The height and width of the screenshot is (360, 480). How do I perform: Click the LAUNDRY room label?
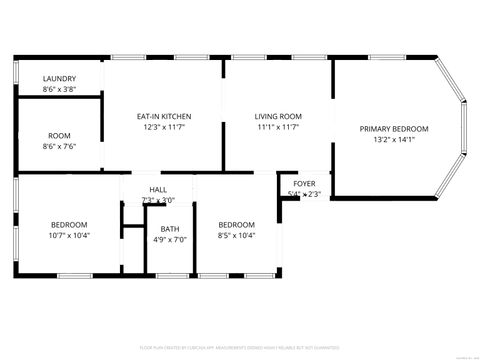tap(60, 79)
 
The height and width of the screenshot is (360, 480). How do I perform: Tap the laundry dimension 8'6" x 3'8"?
tap(60, 90)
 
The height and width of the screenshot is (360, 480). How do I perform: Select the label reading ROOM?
tap(60, 135)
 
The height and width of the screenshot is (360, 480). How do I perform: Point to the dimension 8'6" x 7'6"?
tap(60, 146)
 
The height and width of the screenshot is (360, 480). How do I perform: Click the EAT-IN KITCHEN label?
tap(164, 116)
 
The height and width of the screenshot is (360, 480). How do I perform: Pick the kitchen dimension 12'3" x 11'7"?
tap(164, 127)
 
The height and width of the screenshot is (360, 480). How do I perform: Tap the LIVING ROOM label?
tap(278, 116)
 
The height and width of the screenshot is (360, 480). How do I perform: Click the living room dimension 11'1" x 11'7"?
tap(278, 127)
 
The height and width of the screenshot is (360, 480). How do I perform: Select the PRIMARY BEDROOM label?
tap(394, 129)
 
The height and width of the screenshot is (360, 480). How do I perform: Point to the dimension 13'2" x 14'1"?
tap(394, 140)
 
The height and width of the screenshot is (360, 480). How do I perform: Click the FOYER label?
tap(304, 183)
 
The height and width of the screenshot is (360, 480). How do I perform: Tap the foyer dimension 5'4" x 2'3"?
tap(304, 193)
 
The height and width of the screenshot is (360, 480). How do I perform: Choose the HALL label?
tap(158, 190)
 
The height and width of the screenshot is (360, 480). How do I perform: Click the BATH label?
tap(170, 229)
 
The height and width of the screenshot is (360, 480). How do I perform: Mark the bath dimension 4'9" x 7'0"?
tap(170, 240)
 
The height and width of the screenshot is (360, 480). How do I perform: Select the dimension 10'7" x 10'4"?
tap(69, 236)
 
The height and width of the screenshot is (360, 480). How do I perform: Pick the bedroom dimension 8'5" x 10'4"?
tap(236, 236)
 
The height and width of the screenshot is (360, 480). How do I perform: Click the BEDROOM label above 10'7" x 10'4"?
tap(69, 225)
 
